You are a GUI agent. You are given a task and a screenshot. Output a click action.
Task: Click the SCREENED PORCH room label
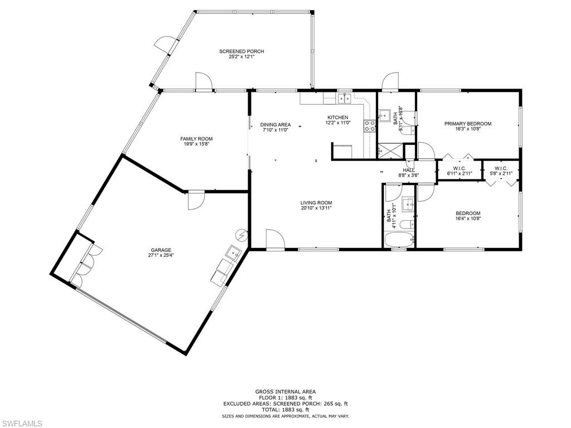pos(241,51)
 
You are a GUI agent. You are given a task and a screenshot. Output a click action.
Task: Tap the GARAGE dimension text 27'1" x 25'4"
pos(159,256)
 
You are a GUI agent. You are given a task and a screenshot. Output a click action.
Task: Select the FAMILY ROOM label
pos(196,139)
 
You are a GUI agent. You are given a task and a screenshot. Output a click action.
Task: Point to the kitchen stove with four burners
pos(370,126)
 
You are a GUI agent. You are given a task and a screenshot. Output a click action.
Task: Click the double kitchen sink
pos(344,99)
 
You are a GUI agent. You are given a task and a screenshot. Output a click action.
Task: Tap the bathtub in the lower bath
pos(399,240)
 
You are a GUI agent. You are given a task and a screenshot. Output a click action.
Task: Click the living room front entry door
pos(274,239)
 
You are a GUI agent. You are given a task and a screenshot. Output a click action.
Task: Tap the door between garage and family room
pos(197,200)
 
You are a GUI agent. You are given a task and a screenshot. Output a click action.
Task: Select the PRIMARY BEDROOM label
pos(468,124)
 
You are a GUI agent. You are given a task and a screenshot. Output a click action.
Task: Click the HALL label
pos(409,171)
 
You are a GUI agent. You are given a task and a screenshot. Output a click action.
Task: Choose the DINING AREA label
pos(275,124)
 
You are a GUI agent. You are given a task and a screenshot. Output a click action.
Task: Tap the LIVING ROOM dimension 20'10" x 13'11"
pos(316,208)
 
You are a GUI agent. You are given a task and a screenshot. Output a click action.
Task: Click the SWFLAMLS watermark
pos(22,424)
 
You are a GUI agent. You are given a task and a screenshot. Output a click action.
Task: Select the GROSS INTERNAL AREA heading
pos(285,392)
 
